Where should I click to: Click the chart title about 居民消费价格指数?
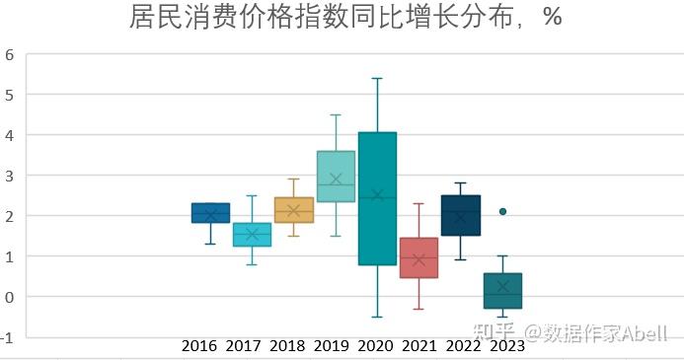tap(344, 18)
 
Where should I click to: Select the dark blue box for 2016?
tap(210, 213)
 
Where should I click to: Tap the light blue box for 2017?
tap(252, 234)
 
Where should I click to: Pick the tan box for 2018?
tap(294, 210)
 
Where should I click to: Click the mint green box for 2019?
tap(336, 176)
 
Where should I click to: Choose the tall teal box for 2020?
tap(377, 197)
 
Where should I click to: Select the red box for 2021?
tap(418, 257)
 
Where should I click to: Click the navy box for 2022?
tap(461, 216)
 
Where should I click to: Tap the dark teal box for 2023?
tap(502, 291)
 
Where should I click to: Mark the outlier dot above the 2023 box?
tap(502, 211)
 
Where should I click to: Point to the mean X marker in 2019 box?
tap(336, 180)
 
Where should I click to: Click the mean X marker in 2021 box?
tap(418, 259)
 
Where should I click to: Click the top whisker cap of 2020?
tap(377, 78)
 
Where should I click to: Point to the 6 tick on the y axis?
tap(9, 54)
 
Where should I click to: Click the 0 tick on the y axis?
tap(9, 297)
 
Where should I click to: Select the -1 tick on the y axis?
tap(8, 337)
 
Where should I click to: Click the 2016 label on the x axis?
tap(199, 346)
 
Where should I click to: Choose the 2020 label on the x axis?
tap(375, 346)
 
